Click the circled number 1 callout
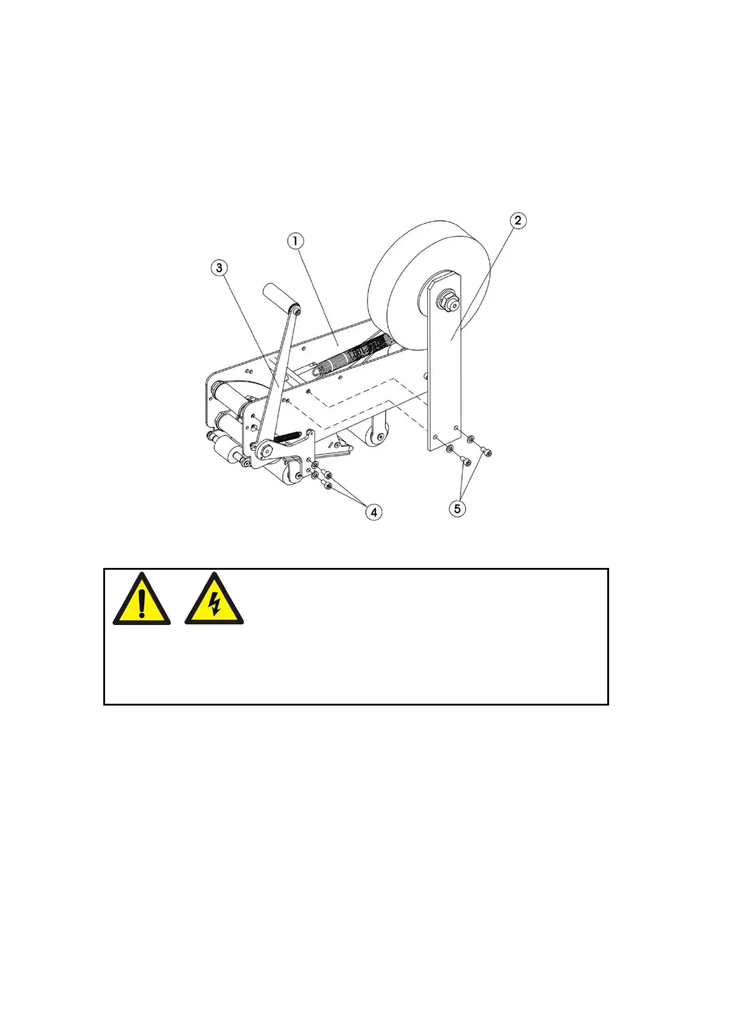[x=296, y=241]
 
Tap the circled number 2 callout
[x=518, y=220]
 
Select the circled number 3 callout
[x=219, y=268]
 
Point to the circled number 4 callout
[x=373, y=511]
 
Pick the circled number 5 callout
[x=457, y=508]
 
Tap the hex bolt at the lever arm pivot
[x=267, y=450]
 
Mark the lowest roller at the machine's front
[x=224, y=455]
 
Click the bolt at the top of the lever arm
[x=297, y=312]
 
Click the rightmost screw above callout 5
[x=488, y=453]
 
